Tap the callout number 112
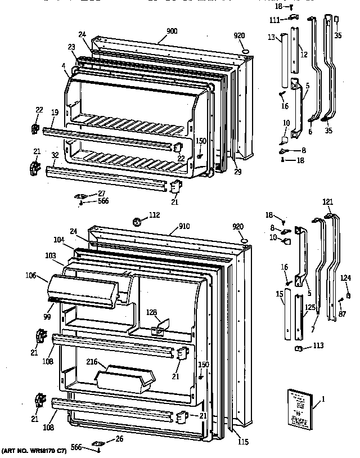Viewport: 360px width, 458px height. click(x=154, y=214)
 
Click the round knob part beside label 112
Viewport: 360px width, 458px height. click(x=136, y=220)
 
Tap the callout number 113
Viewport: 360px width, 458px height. click(x=318, y=345)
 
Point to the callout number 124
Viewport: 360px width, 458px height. click(x=345, y=277)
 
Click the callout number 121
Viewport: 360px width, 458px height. click(x=327, y=201)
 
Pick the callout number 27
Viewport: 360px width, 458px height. click(x=101, y=193)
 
